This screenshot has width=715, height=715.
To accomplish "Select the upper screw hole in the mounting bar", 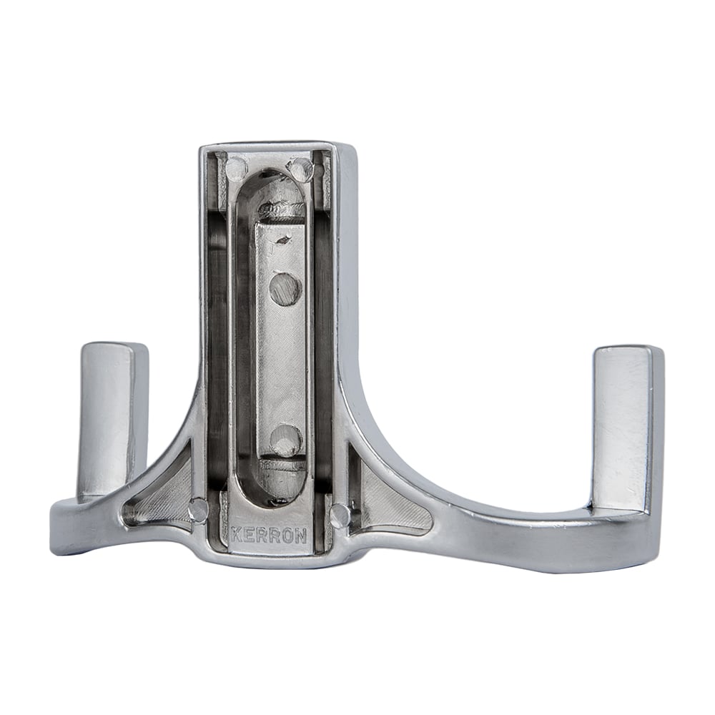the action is point(285,288).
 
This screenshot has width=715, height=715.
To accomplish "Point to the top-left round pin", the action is point(235,168).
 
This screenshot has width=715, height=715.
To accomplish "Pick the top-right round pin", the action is point(302,168).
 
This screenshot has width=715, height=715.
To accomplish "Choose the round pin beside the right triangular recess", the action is point(341,514).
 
